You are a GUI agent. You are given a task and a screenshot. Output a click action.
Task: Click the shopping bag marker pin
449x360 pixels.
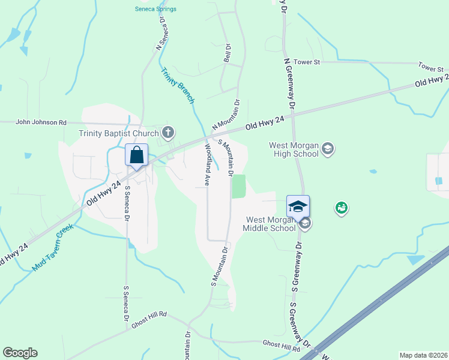[137, 155]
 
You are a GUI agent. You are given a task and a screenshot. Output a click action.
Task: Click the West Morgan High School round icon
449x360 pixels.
[327, 148]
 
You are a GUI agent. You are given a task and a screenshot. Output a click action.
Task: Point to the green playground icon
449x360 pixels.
[342, 208]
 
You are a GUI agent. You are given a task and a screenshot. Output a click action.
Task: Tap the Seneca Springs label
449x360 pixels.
[155, 9]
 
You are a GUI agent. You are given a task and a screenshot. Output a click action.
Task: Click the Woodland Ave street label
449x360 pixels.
[207, 164]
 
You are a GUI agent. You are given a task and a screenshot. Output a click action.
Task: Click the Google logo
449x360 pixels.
[20, 353]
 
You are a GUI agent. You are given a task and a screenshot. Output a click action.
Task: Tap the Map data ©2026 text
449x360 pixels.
[423, 355]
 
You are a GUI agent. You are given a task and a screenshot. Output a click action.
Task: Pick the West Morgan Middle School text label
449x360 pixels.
[269, 224]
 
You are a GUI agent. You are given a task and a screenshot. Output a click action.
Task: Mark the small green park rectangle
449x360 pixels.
[239, 186]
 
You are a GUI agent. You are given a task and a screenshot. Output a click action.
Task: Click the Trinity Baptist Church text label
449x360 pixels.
[118, 133]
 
